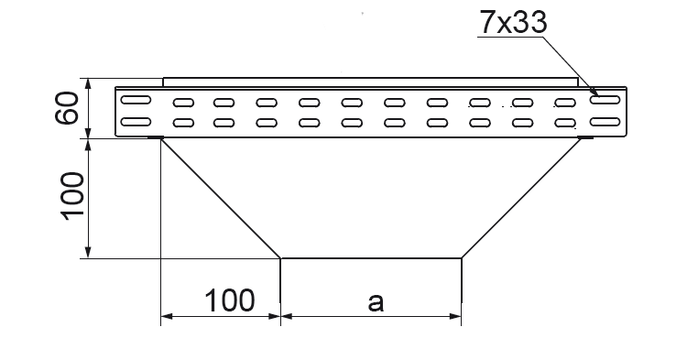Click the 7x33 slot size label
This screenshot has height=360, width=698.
(513, 22)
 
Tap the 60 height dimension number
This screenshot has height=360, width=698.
(67, 108)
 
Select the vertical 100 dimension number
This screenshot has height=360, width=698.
(71, 197)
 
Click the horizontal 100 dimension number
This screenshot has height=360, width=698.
(230, 300)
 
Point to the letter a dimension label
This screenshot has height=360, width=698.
(376, 302)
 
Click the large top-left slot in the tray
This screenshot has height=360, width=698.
(136, 100)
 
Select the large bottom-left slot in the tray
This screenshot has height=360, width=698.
(136, 122)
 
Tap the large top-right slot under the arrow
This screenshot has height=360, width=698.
(605, 100)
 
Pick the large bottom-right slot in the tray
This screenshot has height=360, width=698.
(605, 122)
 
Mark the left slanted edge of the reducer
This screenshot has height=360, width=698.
(221, 198)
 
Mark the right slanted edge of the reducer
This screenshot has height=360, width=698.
(521, 198)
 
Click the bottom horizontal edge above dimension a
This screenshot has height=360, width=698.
(371, 257)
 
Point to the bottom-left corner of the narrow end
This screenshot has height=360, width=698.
(280, 258)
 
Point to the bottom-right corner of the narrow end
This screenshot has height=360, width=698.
(462, 258)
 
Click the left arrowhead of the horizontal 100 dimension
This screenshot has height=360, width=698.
(167, 316)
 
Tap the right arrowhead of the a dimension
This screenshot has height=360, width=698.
(455, 316)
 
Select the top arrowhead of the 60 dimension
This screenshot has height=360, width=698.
(88, 84)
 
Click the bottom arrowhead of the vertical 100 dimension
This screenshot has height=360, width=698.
(88, 252)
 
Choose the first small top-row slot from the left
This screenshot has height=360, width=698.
(183, 103)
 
